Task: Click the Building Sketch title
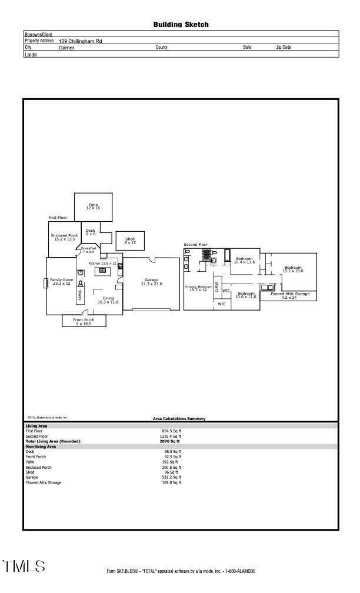tap(181, 25)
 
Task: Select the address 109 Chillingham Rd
tap(80, 41)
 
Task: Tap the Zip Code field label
tap(284, 48)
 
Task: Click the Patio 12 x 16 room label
tap(93, 206)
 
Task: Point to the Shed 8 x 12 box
tap(130, 241)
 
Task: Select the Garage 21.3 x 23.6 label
tap(151, 282)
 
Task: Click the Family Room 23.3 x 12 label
tap(61, 282)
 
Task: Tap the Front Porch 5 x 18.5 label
tap(84, 321)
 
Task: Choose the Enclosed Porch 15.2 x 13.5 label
tap(64, 237)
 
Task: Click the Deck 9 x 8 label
tap(91, 232)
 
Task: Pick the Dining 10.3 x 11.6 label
tap(108, 300)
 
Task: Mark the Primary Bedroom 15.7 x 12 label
tap(198, 288)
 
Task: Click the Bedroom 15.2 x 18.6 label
tap(293, 269)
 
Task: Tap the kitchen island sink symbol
tap(102, 271)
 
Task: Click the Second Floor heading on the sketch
tap(195, 244)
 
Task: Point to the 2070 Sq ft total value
tap(169, 441)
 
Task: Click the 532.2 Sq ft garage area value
tap(171, 477)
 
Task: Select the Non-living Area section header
tap(41, 447)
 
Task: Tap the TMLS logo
tap(24, 567)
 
